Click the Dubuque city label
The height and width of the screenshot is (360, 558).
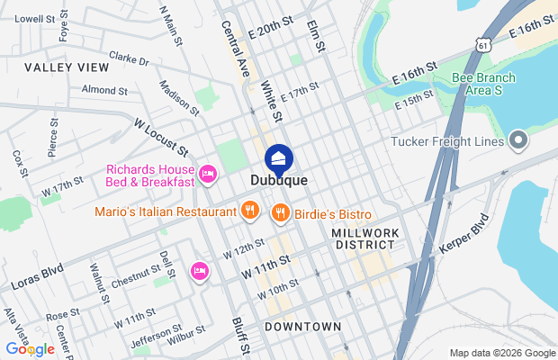[279, 181]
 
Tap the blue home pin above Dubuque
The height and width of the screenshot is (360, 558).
[279, 160]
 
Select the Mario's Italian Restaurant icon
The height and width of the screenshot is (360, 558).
[250, 212]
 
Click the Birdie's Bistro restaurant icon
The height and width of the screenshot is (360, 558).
[281, 212]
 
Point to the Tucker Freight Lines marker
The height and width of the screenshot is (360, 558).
[517, 140]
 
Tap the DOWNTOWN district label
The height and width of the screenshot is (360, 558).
[302, 326]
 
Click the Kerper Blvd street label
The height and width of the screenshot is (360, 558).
[465, 237]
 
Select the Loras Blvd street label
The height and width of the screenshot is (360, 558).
[37, 276]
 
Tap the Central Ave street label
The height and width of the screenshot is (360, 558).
[234, 50]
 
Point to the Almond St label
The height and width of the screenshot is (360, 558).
[104, 90]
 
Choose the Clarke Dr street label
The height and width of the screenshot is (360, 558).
[128, 59]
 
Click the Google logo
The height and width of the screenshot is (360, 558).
[30, 348]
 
